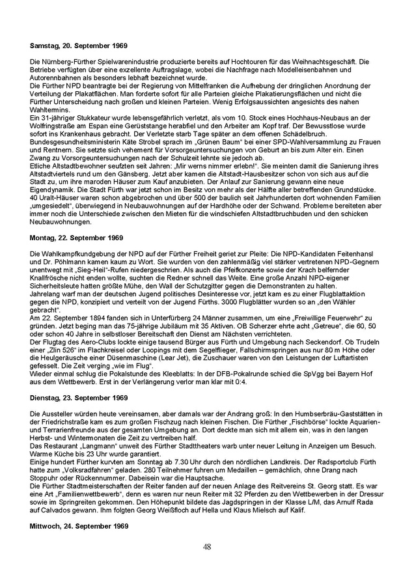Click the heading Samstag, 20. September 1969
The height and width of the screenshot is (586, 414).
(79, 47)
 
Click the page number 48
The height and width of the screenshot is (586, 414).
(206, 547)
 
